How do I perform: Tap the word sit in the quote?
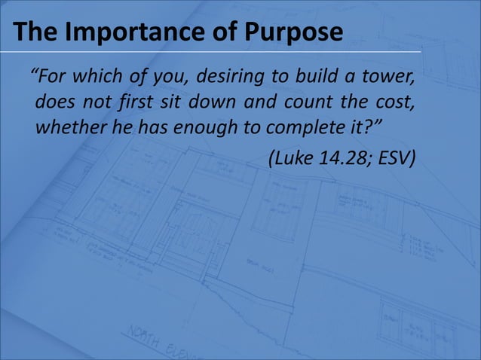[174, 102]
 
